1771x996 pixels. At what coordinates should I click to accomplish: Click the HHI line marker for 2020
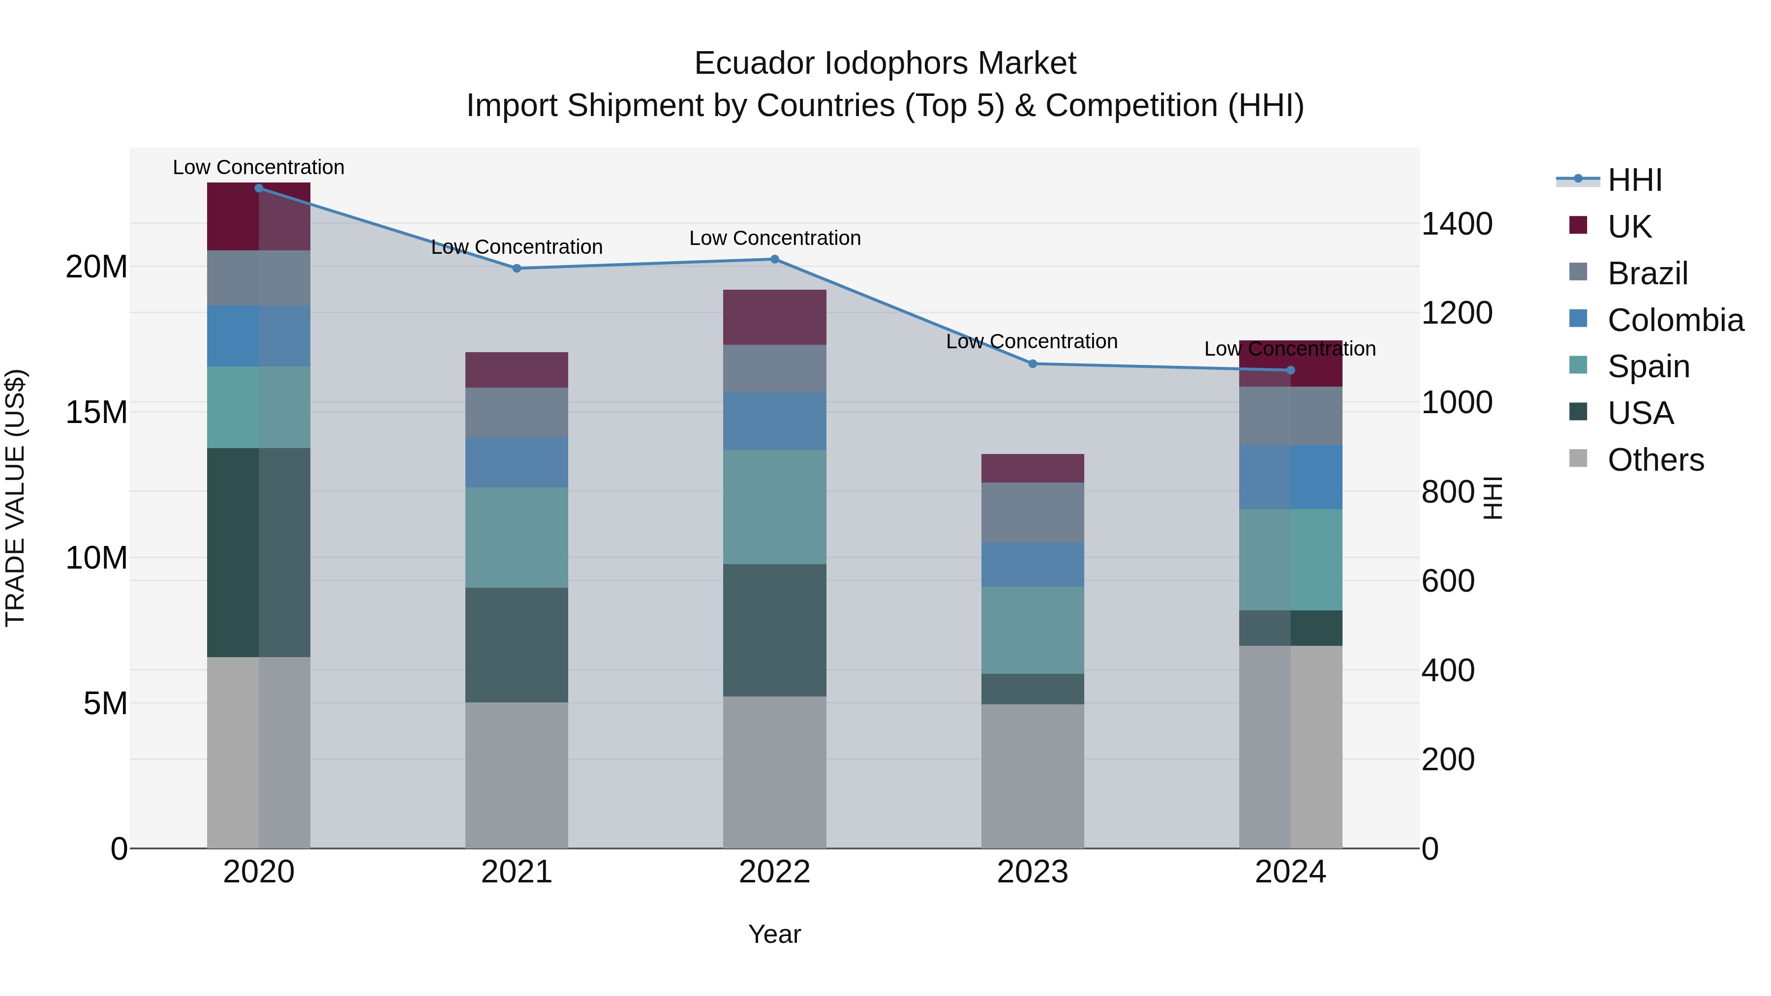(258, 188)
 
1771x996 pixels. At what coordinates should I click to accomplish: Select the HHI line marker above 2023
(1032, 363)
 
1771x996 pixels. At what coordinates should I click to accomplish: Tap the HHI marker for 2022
(774, 259)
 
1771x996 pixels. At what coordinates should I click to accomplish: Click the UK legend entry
(1629, 226)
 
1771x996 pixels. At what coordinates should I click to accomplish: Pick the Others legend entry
(1655, 459)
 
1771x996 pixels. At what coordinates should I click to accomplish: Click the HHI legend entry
(1634, 180)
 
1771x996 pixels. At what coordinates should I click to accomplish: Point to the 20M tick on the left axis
(96, 267)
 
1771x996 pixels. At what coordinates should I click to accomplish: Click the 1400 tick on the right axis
(1456, 224)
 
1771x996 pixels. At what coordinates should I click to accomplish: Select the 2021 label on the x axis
(517, 872)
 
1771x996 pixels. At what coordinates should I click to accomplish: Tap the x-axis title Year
(774, 934)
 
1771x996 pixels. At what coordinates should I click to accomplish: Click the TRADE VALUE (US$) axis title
(15, 498)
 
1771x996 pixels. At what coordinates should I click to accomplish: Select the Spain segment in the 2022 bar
(774, 507)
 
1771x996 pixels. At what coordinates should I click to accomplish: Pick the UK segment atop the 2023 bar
(1032, 468)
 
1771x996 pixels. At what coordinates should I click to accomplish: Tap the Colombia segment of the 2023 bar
(1032, 564)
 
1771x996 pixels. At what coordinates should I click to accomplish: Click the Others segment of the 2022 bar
(774, 772)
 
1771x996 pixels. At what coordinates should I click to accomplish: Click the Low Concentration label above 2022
(774, 238)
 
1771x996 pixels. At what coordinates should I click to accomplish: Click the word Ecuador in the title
(754, 63)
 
